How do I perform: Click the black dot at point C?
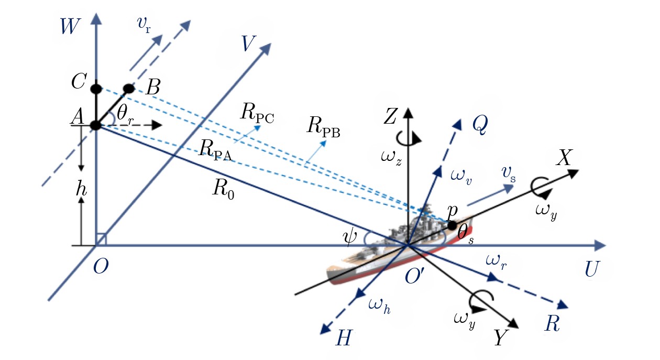[95, 88]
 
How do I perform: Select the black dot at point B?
[128, 88]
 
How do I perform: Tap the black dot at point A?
[95, 125]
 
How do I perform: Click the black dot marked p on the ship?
[452, 226]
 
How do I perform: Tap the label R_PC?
[258, 113]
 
